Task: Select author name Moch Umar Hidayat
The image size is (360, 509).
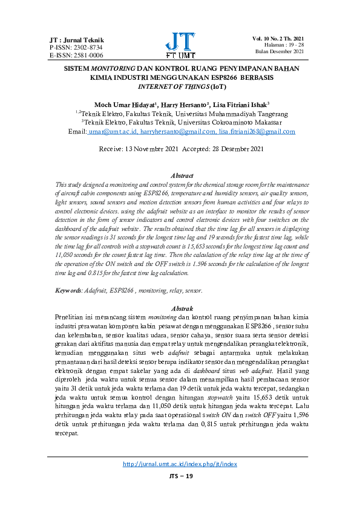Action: tap(125, 104)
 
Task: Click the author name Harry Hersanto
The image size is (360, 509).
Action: tap(184, 104)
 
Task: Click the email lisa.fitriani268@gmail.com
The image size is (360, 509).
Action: tap(257, 131)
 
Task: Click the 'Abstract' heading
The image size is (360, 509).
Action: tap(182, 175)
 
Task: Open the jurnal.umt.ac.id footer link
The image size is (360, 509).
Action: tap(180, 464)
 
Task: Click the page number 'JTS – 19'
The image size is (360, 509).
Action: tap(180, 477)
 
